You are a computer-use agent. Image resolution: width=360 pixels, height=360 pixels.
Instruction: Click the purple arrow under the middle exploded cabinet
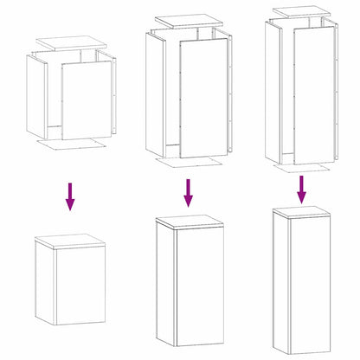187,193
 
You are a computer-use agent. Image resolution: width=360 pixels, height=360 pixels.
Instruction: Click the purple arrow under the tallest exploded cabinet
302,189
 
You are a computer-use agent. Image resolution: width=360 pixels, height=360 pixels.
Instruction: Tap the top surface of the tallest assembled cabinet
302,211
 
